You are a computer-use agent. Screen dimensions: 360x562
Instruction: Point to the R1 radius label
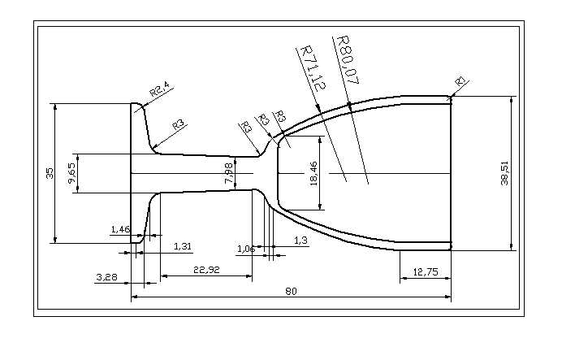(x=460, y=82)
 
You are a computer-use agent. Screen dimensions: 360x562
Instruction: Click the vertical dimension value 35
(x=50, y=173)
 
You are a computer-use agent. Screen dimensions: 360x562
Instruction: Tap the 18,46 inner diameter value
(x=314, y=174)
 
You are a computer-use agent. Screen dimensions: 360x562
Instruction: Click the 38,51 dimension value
(x=504, y=174)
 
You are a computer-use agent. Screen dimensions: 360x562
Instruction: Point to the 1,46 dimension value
(x=119, y=230)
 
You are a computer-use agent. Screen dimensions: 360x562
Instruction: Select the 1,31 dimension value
(x=183, y=245)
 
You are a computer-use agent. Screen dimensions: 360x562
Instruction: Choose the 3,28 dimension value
(x=106, y=278)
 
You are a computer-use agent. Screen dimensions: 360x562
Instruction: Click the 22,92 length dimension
(x=205, y=269)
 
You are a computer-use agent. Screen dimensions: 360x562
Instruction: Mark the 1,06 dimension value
(x=245, y=249)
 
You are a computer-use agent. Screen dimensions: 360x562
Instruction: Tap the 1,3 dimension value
(x=300, y=241)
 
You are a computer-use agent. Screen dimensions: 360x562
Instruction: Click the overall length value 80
(x=289, y=291)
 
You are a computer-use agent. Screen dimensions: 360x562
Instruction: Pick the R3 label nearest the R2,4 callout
(x=178, y=124)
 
